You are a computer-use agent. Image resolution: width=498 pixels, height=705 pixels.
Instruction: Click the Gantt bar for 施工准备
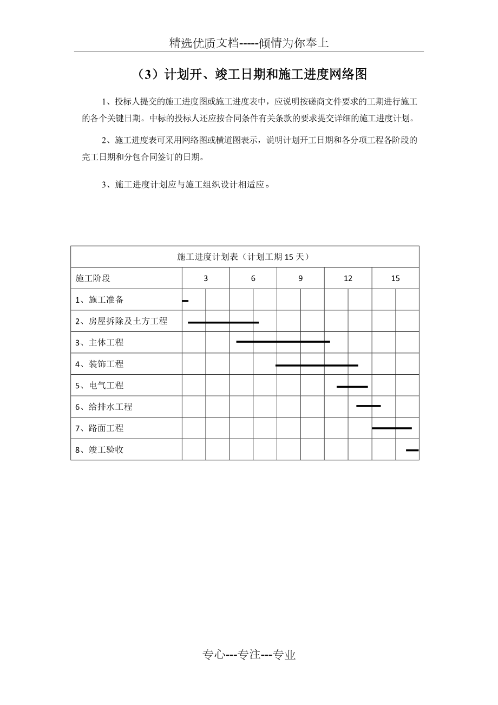pos(185,301)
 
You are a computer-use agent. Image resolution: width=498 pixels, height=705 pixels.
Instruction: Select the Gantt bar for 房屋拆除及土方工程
pos(223,322)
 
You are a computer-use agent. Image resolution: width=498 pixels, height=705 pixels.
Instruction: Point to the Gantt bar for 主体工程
pos(283,342)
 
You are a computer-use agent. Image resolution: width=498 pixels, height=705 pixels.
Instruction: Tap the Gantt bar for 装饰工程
pos(317,365)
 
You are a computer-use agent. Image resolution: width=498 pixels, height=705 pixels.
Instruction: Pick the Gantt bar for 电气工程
pos(352,387)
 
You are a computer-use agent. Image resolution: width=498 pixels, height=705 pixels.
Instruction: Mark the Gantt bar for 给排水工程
pos(368,406)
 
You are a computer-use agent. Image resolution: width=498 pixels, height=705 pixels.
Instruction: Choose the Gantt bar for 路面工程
pos(391,428)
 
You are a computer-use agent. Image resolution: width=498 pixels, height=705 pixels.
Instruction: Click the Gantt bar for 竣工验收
pos(412,450)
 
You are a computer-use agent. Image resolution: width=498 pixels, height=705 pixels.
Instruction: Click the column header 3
pos(206,278)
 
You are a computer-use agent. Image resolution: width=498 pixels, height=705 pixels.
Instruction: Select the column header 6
pos(253,278)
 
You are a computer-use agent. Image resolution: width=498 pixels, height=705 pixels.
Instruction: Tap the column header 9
pos(300,278)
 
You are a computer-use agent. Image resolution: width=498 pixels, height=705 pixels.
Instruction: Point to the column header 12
pos(348,278)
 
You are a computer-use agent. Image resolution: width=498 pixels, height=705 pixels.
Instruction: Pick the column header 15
pos(395,278)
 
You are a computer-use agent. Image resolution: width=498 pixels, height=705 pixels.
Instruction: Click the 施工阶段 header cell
pos(93,278)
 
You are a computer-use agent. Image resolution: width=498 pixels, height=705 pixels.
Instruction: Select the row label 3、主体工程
pos(100,342)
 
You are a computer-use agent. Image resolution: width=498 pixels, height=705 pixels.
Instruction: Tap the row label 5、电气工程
pos(100,386)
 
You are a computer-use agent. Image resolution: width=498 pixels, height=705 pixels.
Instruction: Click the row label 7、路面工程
pos(100,428)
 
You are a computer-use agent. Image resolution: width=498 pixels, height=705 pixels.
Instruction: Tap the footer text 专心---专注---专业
pos(249,655)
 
